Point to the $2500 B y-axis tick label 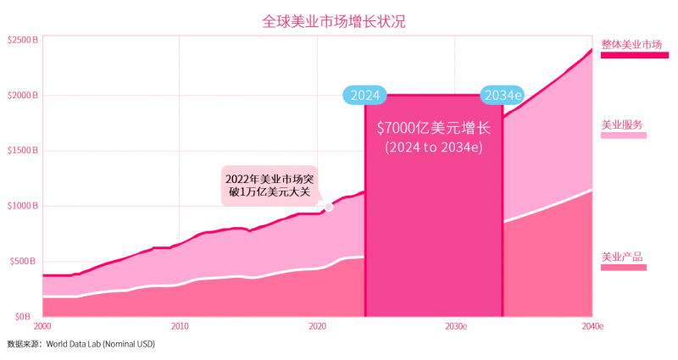tap(22, 40)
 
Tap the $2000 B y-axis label tap(22, 96)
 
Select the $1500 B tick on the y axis tap(22, 151)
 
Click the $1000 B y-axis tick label tap(22, 206)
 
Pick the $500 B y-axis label tap(22, 261)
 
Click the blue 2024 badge tap(364, 95)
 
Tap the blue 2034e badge tap(503, 95)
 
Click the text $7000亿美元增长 tap(433, 129)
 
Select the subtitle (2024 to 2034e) tap(433, 147)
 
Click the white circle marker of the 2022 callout tap(329, 206)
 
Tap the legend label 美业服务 tap(622, 125)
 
